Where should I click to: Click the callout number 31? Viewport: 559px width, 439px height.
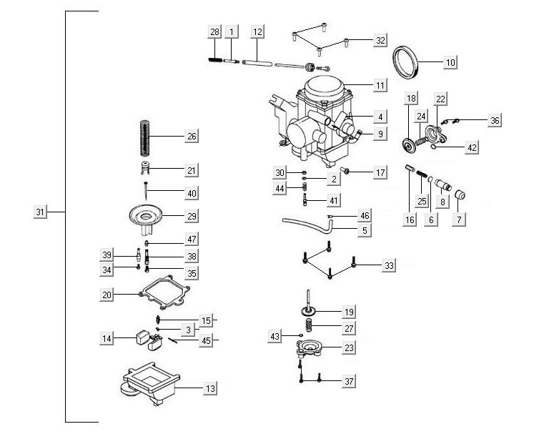tap(40, 212)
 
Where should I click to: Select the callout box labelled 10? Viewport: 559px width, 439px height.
tap(450, 62)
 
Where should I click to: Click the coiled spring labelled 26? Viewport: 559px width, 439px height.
tap(146, 137)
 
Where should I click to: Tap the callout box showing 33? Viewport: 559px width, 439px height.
tap(388, 266)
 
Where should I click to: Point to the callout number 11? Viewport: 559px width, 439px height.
tap(380, 86)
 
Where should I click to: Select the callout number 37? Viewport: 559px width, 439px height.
tap(348, 382)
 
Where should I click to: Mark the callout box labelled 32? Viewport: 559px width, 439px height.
tap(380, 41)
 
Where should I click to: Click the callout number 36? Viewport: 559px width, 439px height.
tap(495, 121)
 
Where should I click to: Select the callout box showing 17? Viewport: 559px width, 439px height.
tap(380, 172)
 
